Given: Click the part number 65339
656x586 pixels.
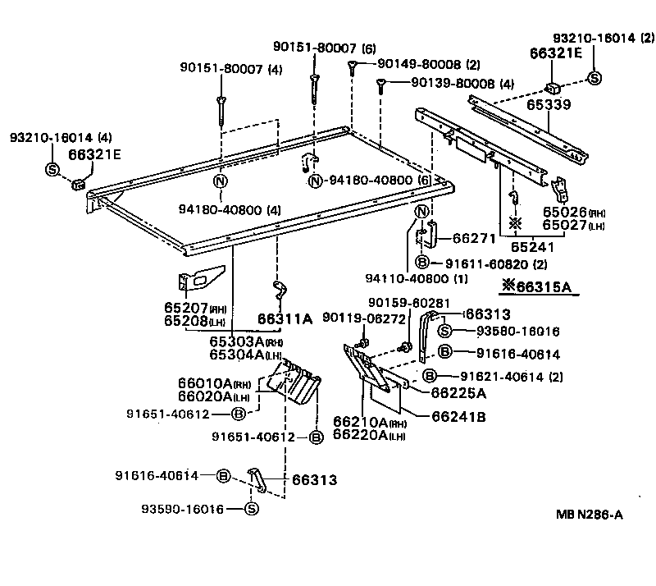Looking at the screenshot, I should coord(549,106).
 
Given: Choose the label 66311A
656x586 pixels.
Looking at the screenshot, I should coord(285,318).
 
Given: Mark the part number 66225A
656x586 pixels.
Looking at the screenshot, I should coord(458,391).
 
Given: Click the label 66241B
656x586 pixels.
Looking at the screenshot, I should coord(459,415).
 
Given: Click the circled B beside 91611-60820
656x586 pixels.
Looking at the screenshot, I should coord(421,263).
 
